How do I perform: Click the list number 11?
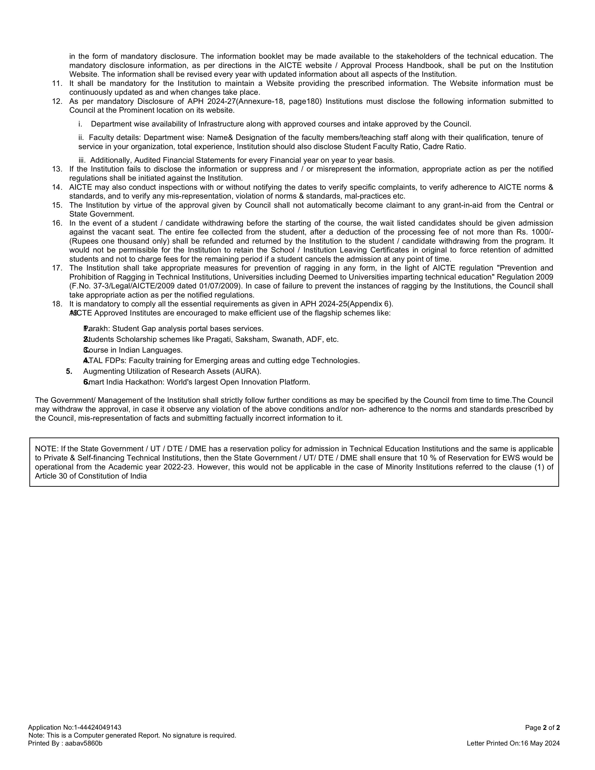(57, 84)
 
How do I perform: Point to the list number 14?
(57, 187)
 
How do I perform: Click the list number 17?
(57, 268)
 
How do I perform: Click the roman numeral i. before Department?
(80, 124)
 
